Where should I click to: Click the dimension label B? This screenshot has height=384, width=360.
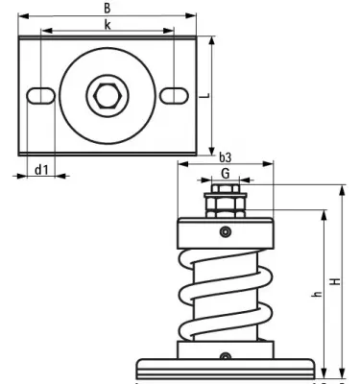pyautogui.click(x=107, y=9)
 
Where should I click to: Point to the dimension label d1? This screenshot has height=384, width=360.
pyautogui.click(x=40, y=170)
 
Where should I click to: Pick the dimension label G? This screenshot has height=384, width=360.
pyautogui.click(x=225, y=173)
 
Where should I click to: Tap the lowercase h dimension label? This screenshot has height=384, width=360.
pyautogui.click(x=317, y=294)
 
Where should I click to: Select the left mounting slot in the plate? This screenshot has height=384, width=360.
pyautogui.click(x=40, y=95)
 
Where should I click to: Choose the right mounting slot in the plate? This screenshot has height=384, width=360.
pyautogui.click(x=173, y=95)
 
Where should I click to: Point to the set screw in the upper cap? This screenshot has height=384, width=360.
pyautogui.click(x=225, y=230)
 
